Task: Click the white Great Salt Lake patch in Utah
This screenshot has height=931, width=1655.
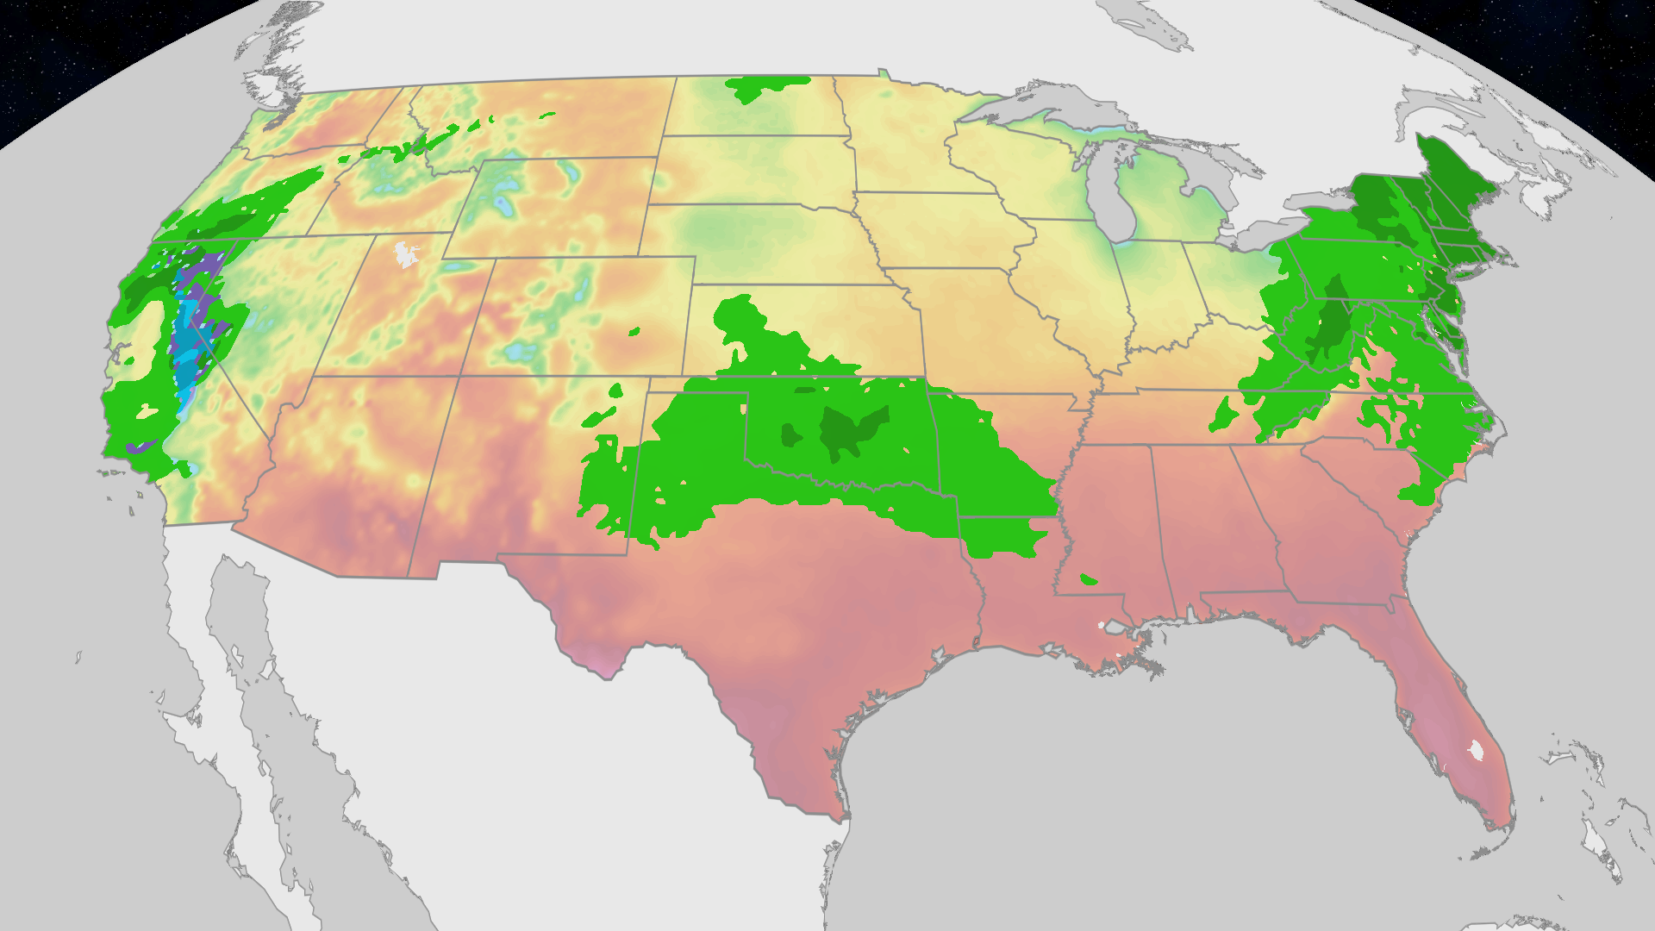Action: [x=404, y=254]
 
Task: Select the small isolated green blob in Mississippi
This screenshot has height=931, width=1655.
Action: [x=1088, y=579]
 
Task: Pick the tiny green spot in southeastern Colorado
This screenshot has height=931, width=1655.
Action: [x=634, y=332]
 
